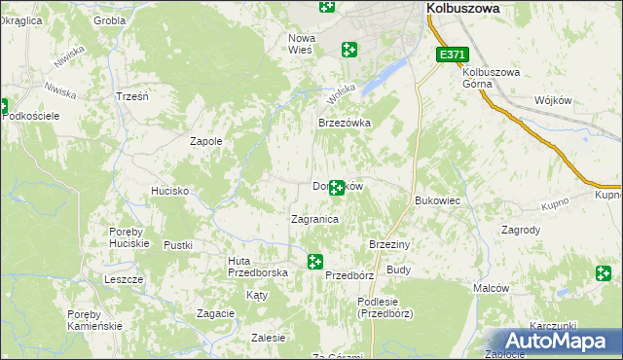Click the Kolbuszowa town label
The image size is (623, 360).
tap(462, 7)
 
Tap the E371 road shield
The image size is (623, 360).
tap(452, 55)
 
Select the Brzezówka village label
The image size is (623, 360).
tap(346, 124)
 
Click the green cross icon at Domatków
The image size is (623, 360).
tap(337, 187)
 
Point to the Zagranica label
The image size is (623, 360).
tap(314, 220)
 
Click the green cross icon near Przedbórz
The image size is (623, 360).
tap(315, 261)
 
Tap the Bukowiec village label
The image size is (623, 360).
tap(437, 200)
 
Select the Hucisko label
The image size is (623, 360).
tap(169, 192)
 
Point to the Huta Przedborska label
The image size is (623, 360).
tap(258, 267)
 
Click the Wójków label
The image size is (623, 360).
tap(551, 101)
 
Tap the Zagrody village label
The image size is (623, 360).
tap(520, 231)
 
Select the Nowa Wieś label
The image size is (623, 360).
tap(300, 44)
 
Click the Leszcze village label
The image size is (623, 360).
tap(125, 279)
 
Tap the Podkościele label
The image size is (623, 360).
tap(32, 116)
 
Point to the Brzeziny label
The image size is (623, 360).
tap(389, 244)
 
